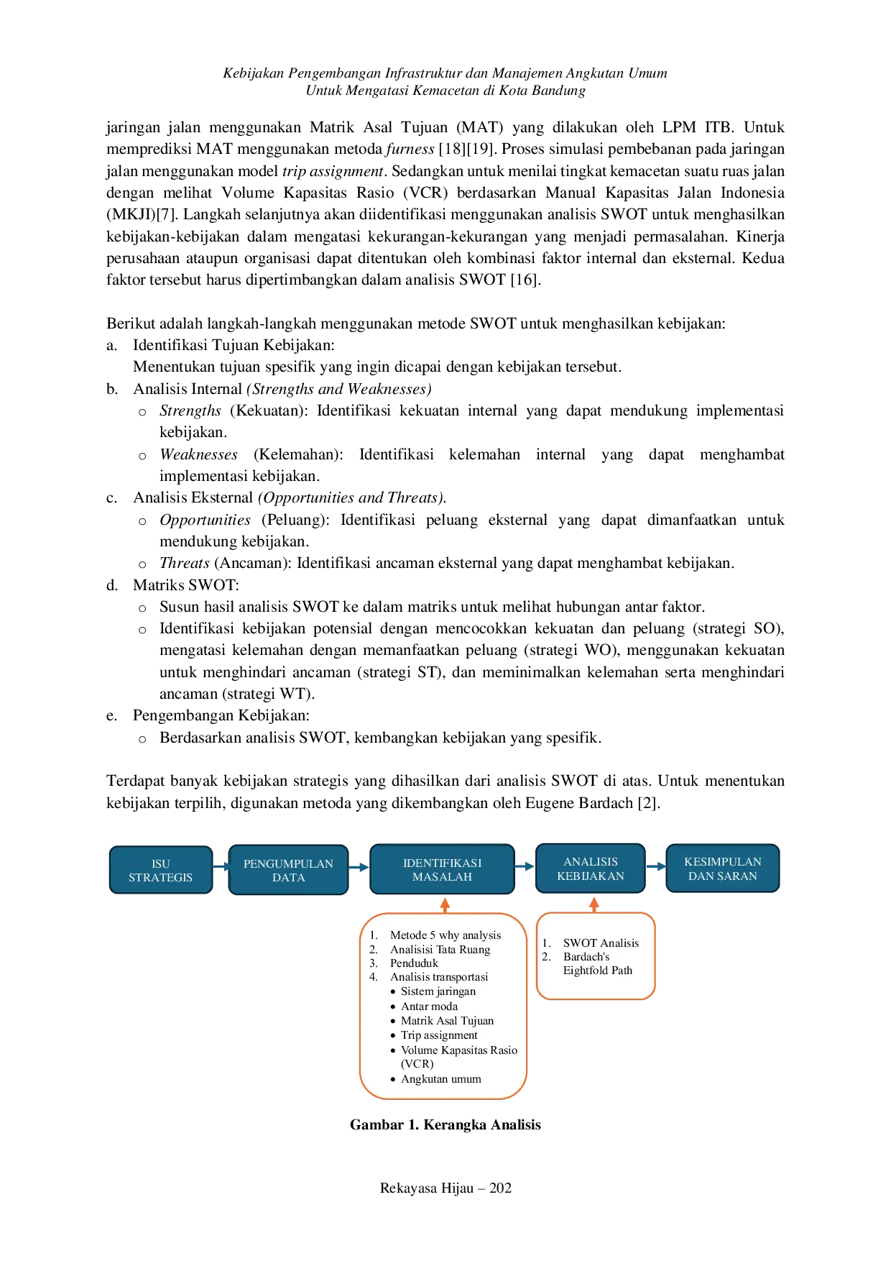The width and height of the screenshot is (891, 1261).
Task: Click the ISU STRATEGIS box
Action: pyautogui.click(x=161, y=870)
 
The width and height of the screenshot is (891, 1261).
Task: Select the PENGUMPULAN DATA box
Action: pyautogui.click(x=288, y=870)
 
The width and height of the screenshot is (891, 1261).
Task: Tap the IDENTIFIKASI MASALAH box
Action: pyautogui.click(x=442, y=869)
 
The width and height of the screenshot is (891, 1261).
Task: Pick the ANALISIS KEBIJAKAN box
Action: pyautogui.click(x=591, y=868)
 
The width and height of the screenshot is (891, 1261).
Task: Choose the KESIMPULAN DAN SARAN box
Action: pyautogui.click(x=722, y=868)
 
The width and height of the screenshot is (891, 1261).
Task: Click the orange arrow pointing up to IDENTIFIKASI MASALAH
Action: pyautogui.click(x=445, y=904)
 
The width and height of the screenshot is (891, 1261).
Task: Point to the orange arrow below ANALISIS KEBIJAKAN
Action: pyautogui.click(x=594, y=904)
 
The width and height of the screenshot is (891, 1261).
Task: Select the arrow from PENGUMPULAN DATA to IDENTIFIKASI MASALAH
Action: pyautogui.click(x=359, y=867)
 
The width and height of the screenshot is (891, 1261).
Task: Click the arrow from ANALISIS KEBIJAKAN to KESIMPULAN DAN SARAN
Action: pyautogui.click(x=656, y=866)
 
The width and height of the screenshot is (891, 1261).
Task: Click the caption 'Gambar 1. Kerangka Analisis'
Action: pyautogui.click(x=445, y=1125)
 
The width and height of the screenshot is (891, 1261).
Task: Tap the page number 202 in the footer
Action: pyautogui.click(x=500, y=1188)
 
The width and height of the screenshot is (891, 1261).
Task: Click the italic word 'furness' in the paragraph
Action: pyautogui.click(x=410, y=149)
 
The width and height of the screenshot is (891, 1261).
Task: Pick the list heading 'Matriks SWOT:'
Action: pyautogui.click(x=186, y=585)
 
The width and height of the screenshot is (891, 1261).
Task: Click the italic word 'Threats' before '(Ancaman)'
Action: pyautogui.click(x=185, y=563)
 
